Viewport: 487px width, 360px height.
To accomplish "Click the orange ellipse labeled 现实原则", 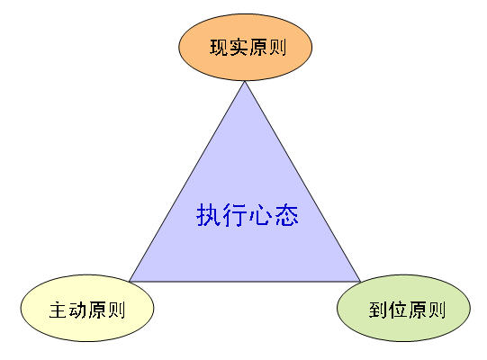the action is point(246,47).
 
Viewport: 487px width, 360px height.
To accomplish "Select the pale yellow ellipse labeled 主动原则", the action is point(87,308).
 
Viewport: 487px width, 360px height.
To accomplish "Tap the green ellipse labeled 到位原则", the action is point(404,308).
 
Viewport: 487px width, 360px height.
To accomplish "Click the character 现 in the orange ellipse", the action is point(220,48).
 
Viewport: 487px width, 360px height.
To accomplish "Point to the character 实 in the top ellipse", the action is point(239,48).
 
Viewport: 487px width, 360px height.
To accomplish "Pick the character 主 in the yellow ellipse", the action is point(59,310).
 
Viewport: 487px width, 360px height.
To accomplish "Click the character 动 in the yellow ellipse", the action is point(77,310).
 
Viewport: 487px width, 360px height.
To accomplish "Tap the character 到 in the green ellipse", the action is point(378,310).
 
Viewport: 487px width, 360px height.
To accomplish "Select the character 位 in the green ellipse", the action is point(398,310).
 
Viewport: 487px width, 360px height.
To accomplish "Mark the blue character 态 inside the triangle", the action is point(286,215).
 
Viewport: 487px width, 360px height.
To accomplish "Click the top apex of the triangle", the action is point(245,81).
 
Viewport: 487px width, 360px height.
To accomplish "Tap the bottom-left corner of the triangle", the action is point(130,282).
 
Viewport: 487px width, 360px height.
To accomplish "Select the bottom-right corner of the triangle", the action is point(360,282).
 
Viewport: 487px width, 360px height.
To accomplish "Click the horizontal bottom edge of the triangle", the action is point(245,282).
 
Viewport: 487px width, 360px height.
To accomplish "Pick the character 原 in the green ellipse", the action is point(418,310).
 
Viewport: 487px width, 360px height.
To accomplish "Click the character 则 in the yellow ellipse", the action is point(116,310).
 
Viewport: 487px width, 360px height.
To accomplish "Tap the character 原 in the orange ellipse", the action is point(258,48).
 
